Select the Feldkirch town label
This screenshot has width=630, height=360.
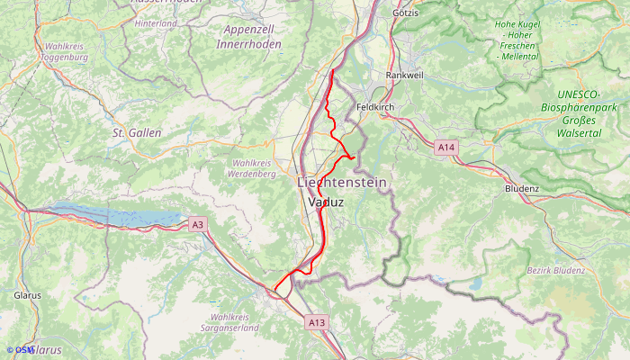(x=376, y=106)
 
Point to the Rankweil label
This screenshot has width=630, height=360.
(x=403, y=76)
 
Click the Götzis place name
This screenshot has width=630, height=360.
(x=408, y=13)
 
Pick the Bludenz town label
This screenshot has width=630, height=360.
(x=521, y=189)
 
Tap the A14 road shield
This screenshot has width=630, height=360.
(x=446, y=147)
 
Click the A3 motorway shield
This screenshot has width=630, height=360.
(x=198, y=224)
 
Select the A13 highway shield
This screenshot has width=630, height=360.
(x=316, y=321)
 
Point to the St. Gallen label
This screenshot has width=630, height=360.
(x=137, y=132)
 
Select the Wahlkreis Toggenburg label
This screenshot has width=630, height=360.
(x=64, y=51)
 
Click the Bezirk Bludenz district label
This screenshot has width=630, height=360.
(x=555, y=270)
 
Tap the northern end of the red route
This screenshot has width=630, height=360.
(x=333, y=70)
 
